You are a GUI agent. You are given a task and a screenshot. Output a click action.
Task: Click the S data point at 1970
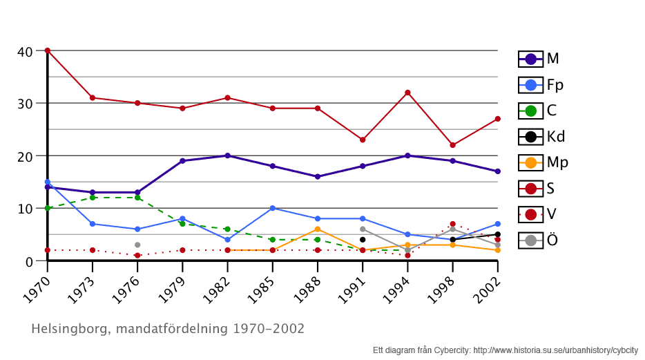tap(47, 50)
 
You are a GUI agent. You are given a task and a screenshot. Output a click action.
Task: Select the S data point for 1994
tap(407, 93)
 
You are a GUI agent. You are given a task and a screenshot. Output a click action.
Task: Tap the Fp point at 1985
tap(273, 208)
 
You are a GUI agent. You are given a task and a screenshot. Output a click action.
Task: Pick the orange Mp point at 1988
tap(318, 229)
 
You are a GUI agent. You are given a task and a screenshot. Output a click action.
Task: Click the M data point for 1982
tap(227, 155)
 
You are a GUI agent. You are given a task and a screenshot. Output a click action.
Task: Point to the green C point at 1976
tap(137, 198)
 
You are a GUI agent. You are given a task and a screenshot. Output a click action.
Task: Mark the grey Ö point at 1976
tap(137, 245)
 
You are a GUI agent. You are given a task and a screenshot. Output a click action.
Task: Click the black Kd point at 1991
tap(363, 240)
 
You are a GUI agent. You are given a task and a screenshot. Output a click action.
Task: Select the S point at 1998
tap(452, 145)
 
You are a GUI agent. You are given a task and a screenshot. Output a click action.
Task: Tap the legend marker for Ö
tap(530, 240)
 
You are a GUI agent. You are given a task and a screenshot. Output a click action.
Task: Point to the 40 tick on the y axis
tap(25, 51)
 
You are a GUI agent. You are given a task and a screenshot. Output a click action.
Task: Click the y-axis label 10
tap(25, 209)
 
